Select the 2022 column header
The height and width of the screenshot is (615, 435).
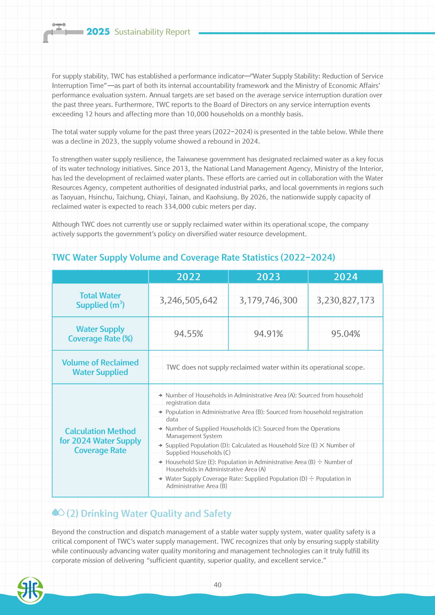pyautogui.click(x=188, y=277)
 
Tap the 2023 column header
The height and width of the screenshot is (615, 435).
pyautogui.click(x=268, y=277)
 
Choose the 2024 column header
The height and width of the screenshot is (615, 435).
pyautogui.click(x=346, y=277)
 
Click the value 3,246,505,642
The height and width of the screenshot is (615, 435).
pyautogui.click(x=188, y=300)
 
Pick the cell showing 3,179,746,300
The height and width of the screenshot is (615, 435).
pyautogui.click(x=268, y=300)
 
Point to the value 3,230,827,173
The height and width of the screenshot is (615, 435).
pyautogui.click(x=346, y=300)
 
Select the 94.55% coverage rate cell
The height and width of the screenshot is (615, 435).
pyautogui.click(x=188, y=334)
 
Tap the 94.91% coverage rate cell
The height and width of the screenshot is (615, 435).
pyautogui.click(x=268, y=334)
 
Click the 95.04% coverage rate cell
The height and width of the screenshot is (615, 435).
pyautogui.click(x=346, y=334)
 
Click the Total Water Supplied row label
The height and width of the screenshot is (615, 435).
pyautogui.click(x=100, y=300)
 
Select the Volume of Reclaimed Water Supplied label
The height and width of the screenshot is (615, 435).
pyautogui.click(x=100, y=367)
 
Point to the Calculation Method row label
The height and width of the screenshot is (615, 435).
pyautogui.click(x=100, y=441)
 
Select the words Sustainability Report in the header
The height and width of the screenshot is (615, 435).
pyautogui.click(x=152, y=32)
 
